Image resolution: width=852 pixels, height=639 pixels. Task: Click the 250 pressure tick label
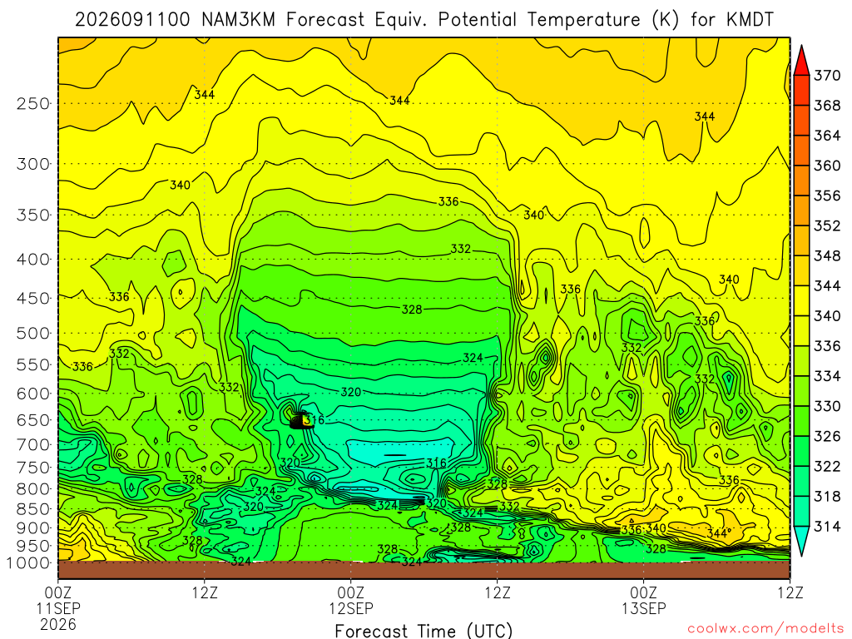click(x=33, y=104)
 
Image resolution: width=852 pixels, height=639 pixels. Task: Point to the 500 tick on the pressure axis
click(x=33, y=333)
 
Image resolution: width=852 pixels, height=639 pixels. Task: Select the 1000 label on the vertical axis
click(x=29, y=563)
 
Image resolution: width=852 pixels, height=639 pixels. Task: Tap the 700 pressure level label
click(x=33, y=445)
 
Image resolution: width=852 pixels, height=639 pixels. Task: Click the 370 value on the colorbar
click(x=827, y=76)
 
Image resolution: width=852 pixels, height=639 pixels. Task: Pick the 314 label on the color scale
click(x=827, y=526)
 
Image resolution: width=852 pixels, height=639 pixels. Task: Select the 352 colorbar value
click(x=827, y=225)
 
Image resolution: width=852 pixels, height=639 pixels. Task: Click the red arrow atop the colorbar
click(x=801, y=60)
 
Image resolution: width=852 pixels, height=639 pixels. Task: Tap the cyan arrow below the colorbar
click(x=801, y=541)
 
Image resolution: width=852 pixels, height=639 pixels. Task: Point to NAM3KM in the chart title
click(x=238, y=20)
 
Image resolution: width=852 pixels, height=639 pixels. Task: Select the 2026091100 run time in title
click(x=132, y=20)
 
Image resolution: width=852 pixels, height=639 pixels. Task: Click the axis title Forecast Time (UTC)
click(x=424, y=631)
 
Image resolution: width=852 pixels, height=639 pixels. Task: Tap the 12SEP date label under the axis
click(x=351, y=608)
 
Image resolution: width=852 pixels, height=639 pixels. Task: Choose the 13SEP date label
click(x=644, y=608)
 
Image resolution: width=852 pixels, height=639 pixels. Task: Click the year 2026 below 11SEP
click(x=58, y=624)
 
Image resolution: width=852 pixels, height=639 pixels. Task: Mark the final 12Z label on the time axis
click(x=790, y=592)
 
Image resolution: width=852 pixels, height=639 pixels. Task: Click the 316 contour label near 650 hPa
click(x=314, y=419)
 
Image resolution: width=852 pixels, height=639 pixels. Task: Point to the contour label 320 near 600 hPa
click(x=351, y=392)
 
